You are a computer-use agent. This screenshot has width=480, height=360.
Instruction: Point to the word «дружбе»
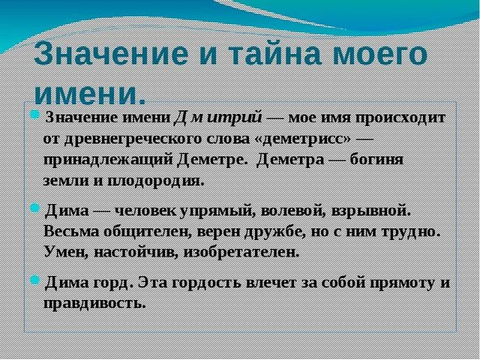286,229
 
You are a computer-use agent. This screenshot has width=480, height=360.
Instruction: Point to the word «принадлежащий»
111,160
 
